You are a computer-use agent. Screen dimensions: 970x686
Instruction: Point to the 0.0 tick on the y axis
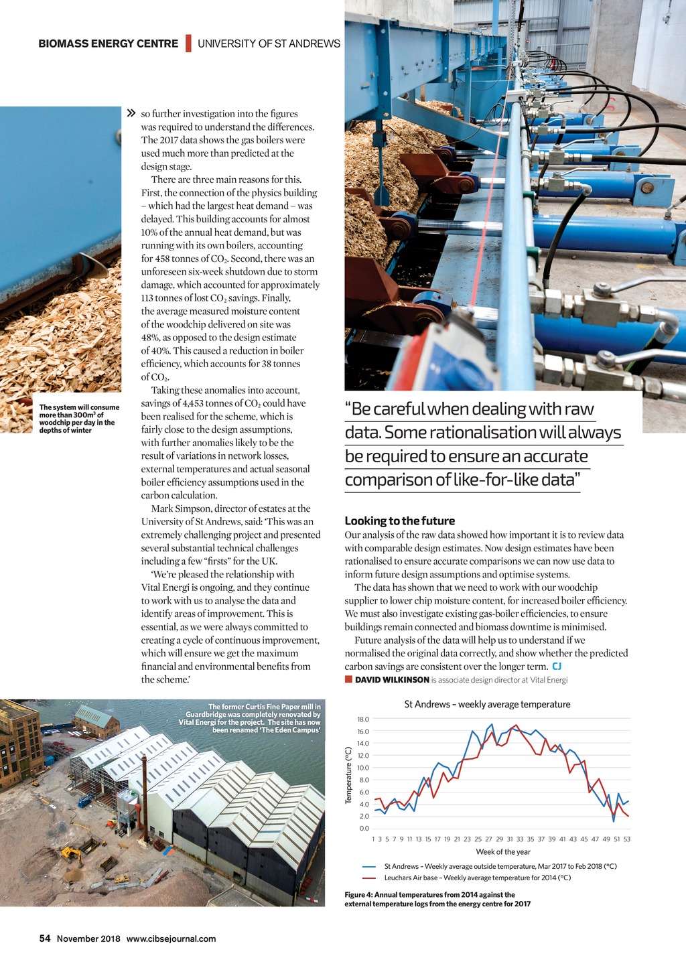pos(364,829)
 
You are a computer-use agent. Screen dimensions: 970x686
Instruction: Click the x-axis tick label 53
pos(626,839)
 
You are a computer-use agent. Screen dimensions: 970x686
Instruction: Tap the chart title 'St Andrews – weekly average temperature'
pos(487,705)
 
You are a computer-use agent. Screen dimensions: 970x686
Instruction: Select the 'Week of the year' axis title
pos(502,852)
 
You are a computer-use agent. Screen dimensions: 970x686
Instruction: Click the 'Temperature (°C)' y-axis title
pos(348,775)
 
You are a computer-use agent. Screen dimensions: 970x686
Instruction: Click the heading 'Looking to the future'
pos(399,521)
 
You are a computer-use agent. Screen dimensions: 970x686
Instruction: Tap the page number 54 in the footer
pos(45,939)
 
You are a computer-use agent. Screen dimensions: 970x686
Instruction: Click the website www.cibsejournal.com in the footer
pos(171,939)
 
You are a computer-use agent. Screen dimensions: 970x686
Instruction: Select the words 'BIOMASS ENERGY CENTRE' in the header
pos(108,44)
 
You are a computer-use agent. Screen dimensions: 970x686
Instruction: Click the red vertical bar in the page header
pos(188,44)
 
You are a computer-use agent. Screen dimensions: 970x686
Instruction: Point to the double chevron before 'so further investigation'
pos(131,113)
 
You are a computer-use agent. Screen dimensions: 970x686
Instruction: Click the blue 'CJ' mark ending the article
pos(557,666)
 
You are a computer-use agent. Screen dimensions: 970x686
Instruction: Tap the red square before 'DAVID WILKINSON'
pos(348,679)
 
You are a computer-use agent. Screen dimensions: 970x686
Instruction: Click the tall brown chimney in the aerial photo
pos(144,797)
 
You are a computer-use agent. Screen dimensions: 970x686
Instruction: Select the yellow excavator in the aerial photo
pos(72,854)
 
